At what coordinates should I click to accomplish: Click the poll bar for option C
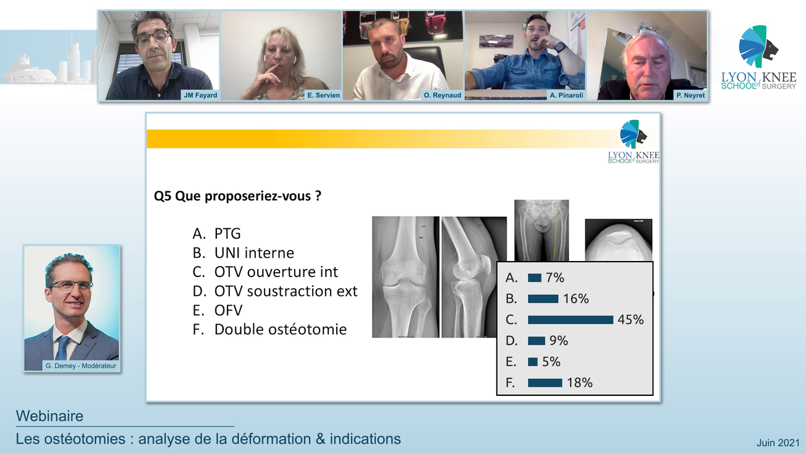[x=570, y=320]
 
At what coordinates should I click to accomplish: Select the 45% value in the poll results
[x=630, y=320]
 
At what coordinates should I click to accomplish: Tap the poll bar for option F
[x=545, y=383]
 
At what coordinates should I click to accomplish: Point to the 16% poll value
[x=575, y=299]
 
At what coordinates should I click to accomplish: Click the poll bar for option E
[x=533, y=362]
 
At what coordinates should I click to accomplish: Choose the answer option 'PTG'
[x=227, y=234]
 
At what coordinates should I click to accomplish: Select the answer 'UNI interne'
[x=253, y=253]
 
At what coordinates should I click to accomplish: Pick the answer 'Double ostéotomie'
[x=280, y=330]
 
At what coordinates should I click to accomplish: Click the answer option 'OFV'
[x=228, y=311]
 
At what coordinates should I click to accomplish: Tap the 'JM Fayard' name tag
[x=200, y=95]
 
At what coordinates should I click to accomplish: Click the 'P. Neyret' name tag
[x=690, y=95]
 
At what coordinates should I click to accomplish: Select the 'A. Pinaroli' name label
[x=566, y=95]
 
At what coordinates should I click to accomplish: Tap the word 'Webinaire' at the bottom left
[x=49, y=416]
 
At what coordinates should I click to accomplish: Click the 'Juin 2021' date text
[x=778, y=443]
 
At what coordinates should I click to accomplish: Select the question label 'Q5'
[x=163, y=197]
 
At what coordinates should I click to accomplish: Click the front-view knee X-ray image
[x=405, y=276]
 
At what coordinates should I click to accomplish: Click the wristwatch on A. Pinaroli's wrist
[x=559, y=47]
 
